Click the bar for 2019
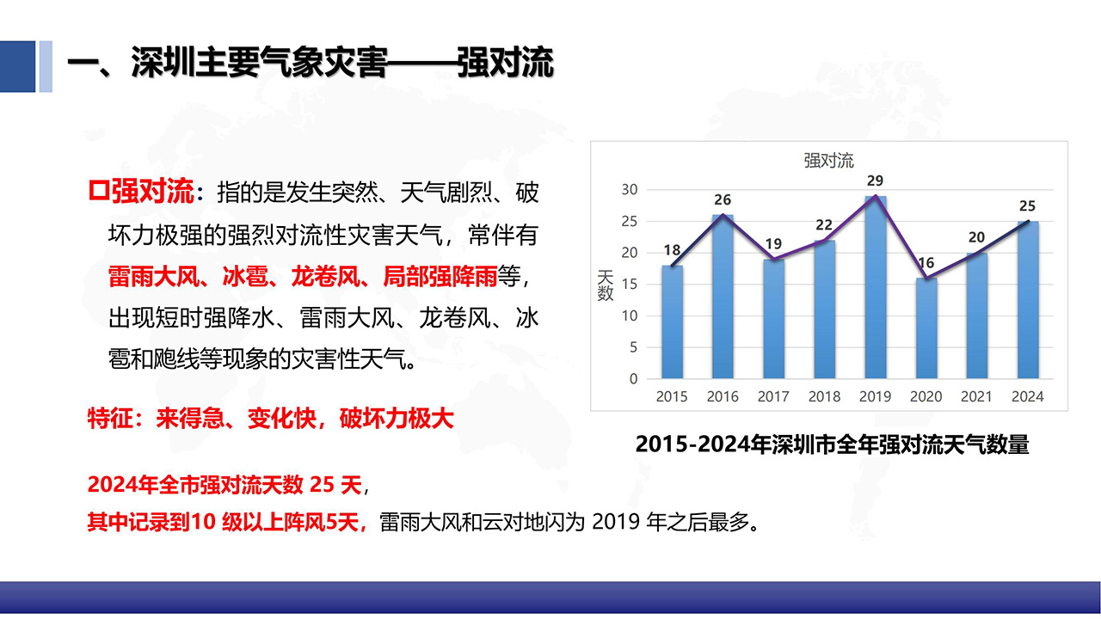pyautogui.click(x=876, y=287)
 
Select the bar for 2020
pyautogui.click(x=926, y=328)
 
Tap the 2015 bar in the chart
pyautogui.click(x=672, y=322)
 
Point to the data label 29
pyautogui.click(x=875, y=181)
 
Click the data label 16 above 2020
pyautogui.click(x=926, y=263)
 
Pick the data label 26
pyautogui.click(x=723, y=200)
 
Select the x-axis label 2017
pyautogui.click(x=773, y=396)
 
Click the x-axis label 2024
pyautogui.click(x=1027, y=396)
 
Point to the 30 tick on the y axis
pyautogui.click(x=630, y=190)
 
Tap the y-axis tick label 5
pyautogui.click(x=634, y=347)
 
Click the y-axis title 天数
pyautogui.click(x=605, y=285)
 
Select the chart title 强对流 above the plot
pyautogui.click(x=828, y=161)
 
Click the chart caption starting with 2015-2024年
pyautogui.click(x=832, y=444)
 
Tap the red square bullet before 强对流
pyautogui.click(x=98, y=191)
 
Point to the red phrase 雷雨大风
pyautogui.click(x=154, y=276)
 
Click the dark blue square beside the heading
pyautogui.click(x=18, y=66)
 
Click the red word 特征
pyautogui.click(x=110, y=419)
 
